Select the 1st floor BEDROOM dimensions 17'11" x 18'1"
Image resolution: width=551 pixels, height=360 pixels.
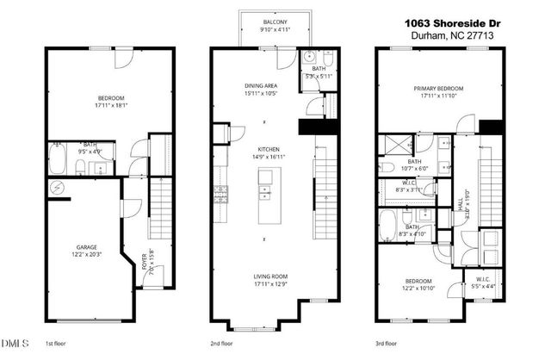(x=90, y=105)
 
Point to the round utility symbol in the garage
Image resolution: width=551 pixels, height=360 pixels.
(x=57, y=187)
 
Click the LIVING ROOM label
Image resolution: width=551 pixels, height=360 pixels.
(x=266, y=276)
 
